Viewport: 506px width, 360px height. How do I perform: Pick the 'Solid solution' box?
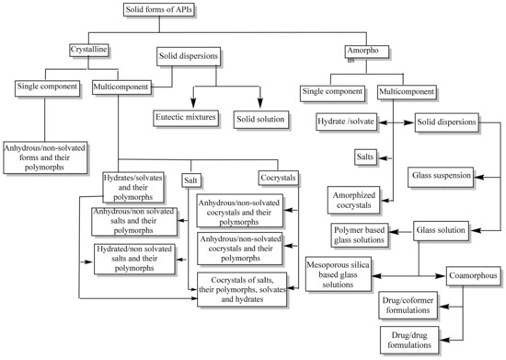click(x=260, y=117)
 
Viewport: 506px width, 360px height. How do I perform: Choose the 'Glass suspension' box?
click(x=441, y=174)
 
